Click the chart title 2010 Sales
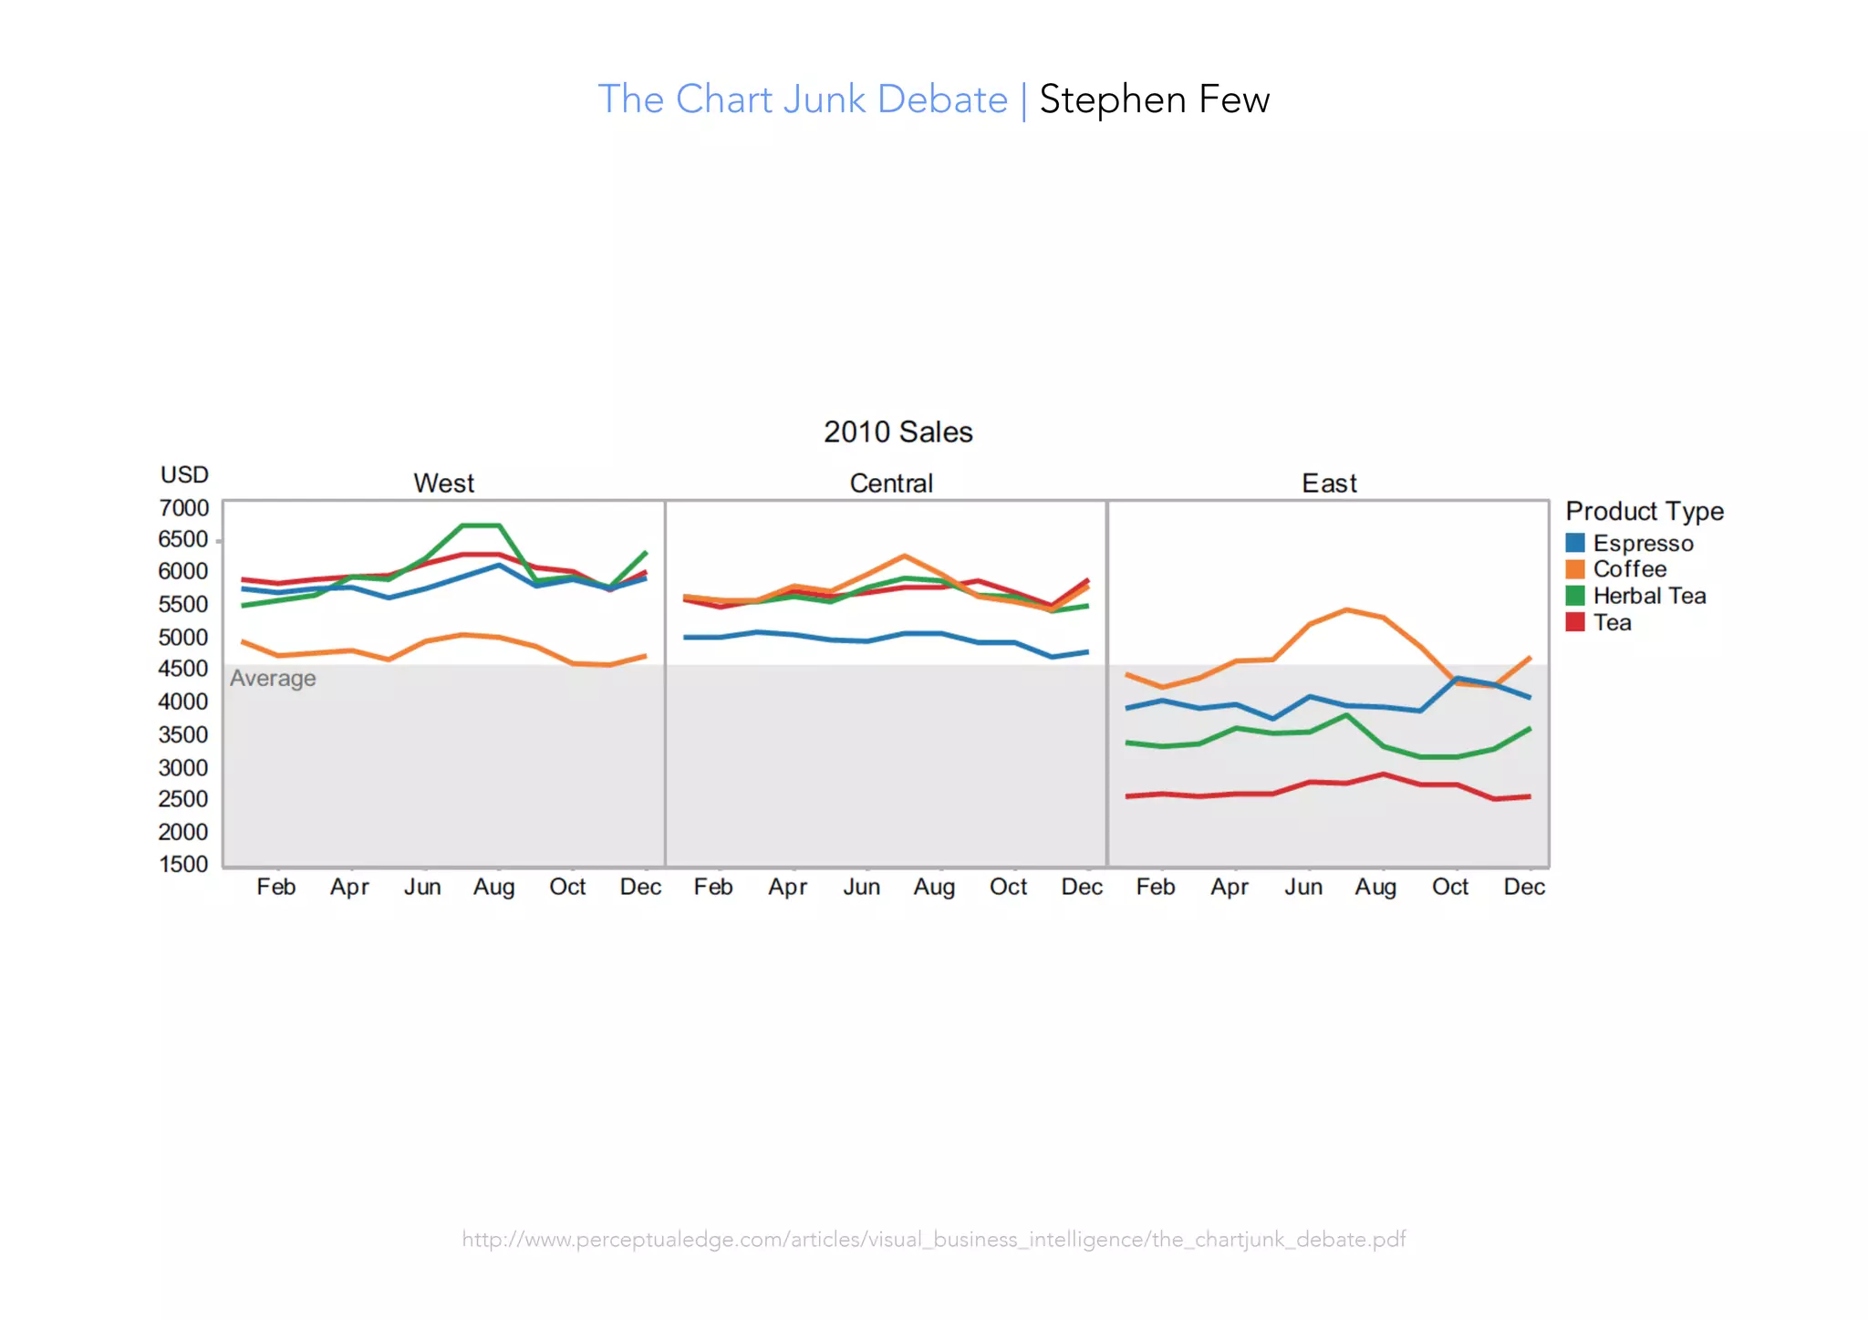[x=898, y=431]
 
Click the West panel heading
[x=443, y=483]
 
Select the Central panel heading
[x=890, y=483]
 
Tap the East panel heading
[x=1328, y=483]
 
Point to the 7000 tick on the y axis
[x=183, y=508]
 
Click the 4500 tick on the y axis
[x=183, y=669]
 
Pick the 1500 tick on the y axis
[x=183, y=864]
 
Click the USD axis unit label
[x=184, y=474]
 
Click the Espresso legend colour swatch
[x=1574, y=543]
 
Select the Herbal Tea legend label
[x=1649, y=596]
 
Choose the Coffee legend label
[x=1629, y=569]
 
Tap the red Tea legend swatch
[x=1574, y=622]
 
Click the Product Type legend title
[x=1644, y=511]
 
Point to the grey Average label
[x=273, y=679]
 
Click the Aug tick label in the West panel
[x=493, y=887]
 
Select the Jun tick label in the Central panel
[x=861, y=887]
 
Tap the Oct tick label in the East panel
[x=1449, y=887]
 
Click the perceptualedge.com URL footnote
[x=933, y=1239]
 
